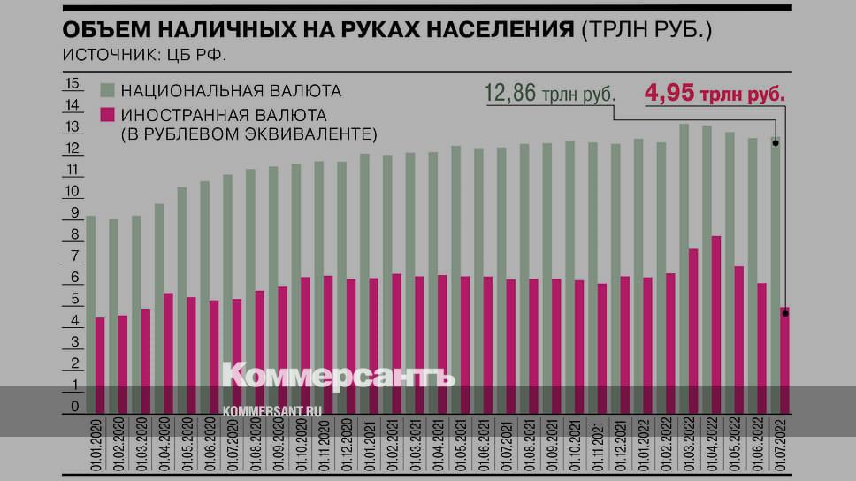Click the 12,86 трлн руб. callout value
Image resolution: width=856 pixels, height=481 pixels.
click(549, 93)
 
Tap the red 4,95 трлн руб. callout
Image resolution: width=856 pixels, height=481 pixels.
click(715, 93)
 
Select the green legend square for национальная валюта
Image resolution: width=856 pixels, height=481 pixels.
click(107, 90)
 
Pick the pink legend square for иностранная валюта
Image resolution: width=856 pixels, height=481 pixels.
click(107, 115)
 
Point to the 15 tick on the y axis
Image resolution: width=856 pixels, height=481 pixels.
click(73, 84)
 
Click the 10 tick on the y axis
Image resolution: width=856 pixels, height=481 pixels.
click(73, 192)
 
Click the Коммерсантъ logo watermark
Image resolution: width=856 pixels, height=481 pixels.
click(338, 375)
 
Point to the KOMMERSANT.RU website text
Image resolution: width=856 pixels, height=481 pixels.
click(271, 411)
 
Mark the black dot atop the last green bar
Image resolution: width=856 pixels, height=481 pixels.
click(776, 142)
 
